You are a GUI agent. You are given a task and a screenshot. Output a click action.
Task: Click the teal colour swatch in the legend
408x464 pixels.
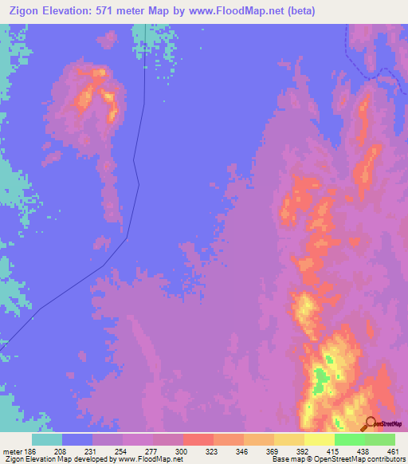[47, 439]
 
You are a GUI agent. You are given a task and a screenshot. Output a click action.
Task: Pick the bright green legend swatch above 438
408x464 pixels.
[350, 439]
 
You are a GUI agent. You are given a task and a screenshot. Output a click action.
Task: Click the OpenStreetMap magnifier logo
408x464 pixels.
[371, 423]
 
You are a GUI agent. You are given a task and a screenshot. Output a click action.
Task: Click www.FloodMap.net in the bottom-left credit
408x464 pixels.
[151, 459]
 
